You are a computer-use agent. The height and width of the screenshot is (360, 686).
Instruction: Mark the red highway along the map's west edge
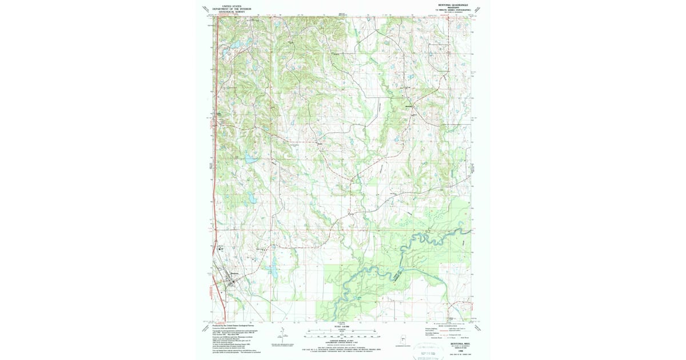pyautogui.click(x=215, y=171)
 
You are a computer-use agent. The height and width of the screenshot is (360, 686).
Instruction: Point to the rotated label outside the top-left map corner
pyautogui.click(x=205, y=9)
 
